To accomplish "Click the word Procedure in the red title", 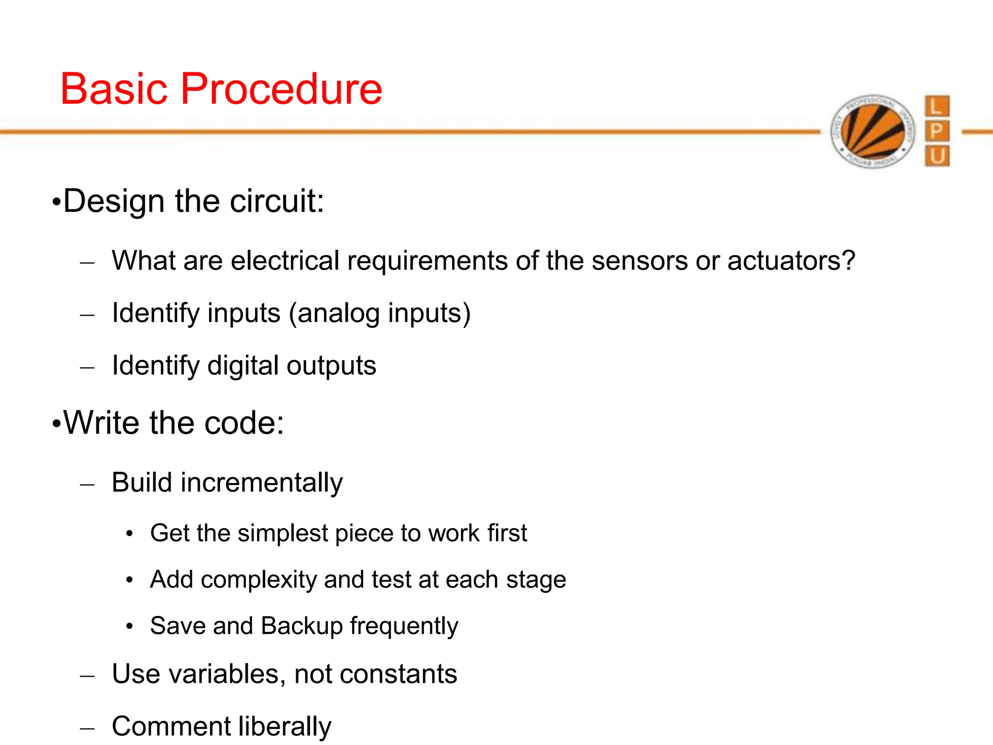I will coord(281,89).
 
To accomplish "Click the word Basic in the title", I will coord(114,89).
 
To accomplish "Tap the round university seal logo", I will coord(873,131).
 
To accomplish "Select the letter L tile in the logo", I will coord(937,106).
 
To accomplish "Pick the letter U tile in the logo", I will coord(937,156).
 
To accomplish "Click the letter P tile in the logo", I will coord(937,131).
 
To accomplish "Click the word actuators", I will coord(790,261).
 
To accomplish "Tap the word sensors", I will coord(640,261).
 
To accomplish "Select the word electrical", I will coord(285,261).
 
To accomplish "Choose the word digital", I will coord(243,366).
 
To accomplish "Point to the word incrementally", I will coord(262,483).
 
